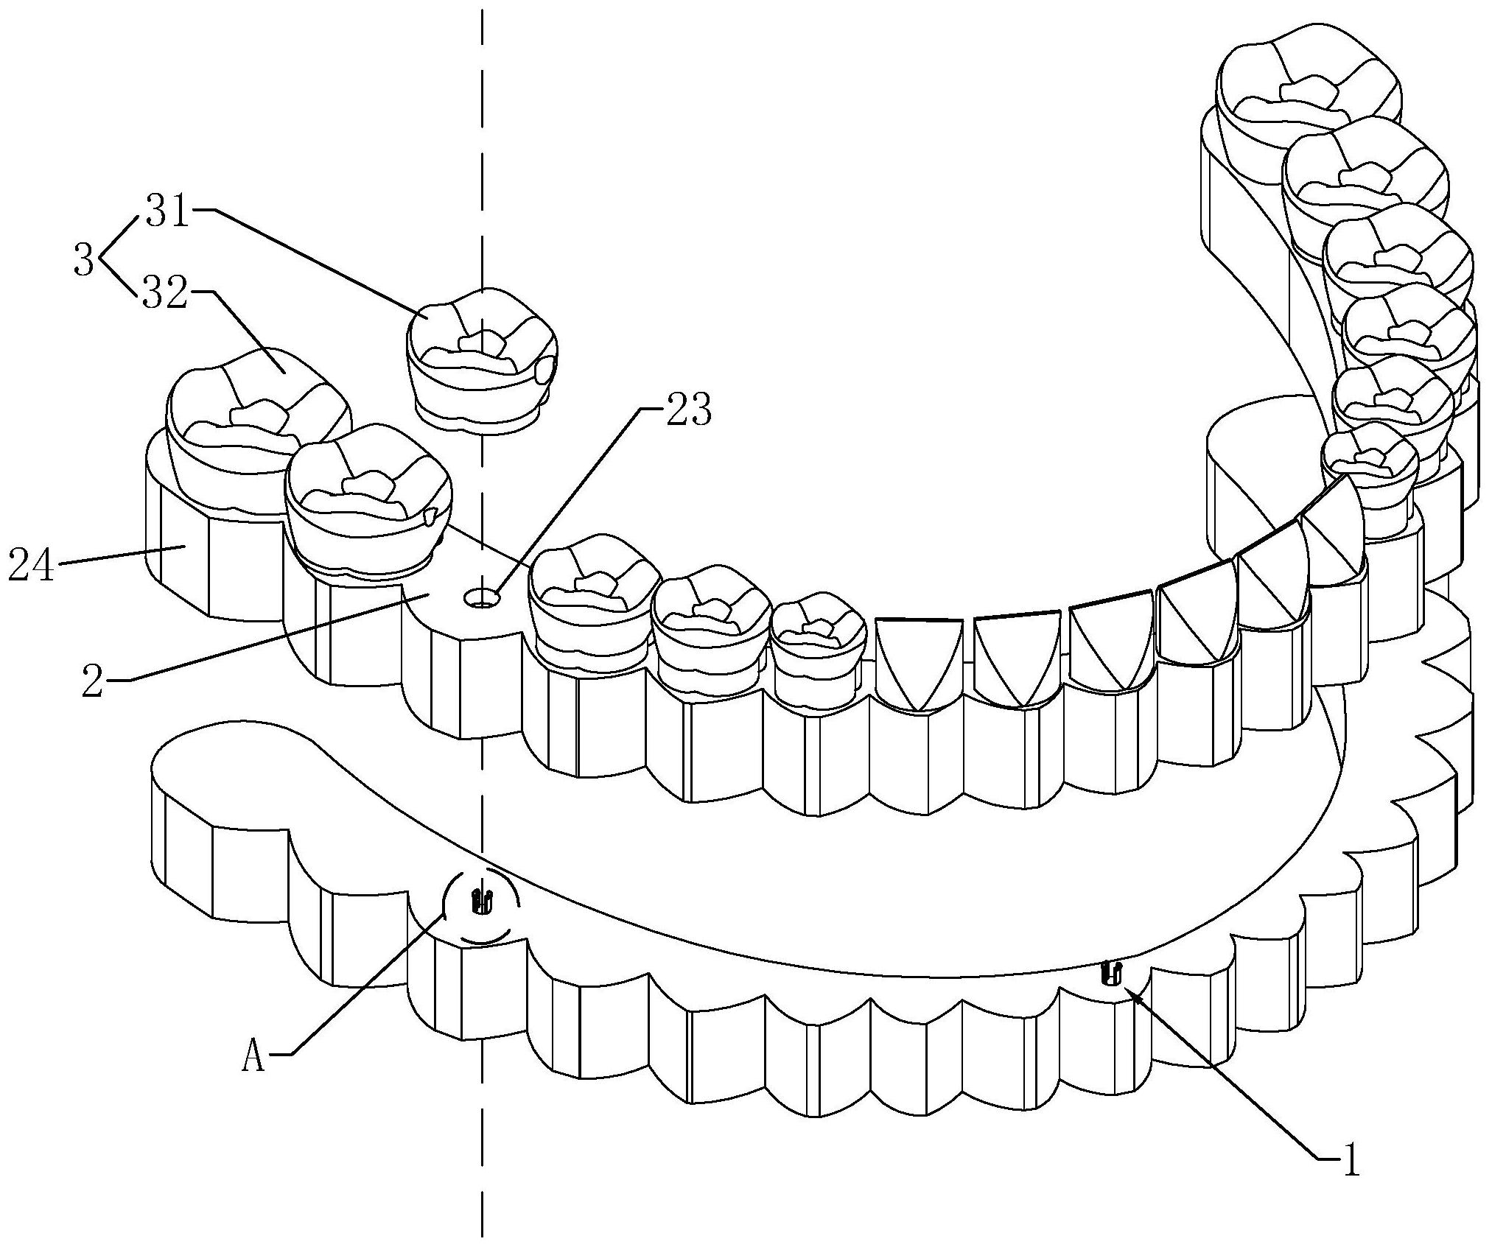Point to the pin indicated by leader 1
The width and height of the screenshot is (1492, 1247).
(x=1111, y=973)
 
